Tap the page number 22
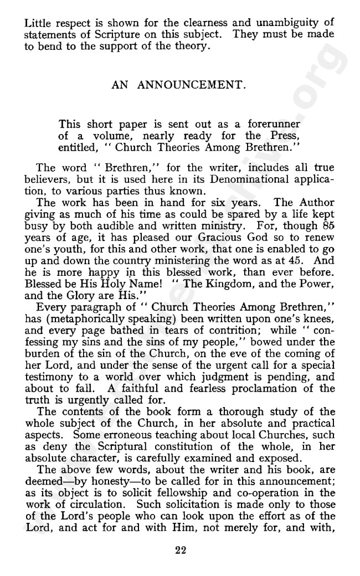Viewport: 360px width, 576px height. click(180, 550)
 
